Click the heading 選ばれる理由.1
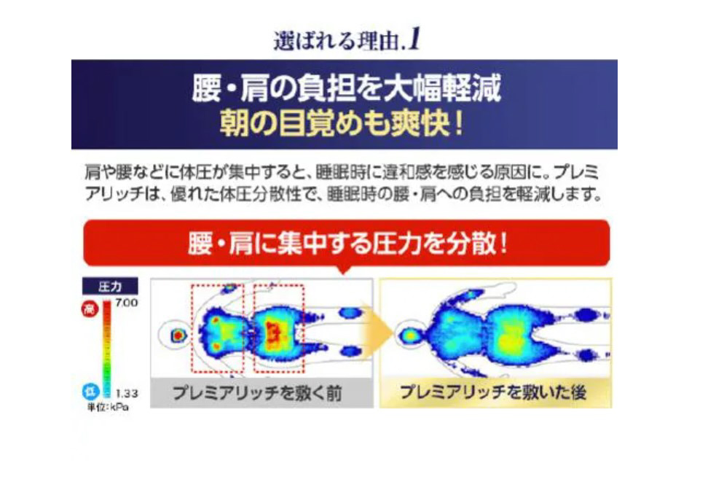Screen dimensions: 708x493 pyautogui.click(x=347, y=41)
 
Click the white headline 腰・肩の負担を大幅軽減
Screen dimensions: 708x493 pyautogui.click(x=346, y=88)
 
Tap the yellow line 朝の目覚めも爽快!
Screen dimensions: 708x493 pyautogui.click(x=342, y=123)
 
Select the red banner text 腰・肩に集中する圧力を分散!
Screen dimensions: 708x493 pyautogui.click(x=347, y=244)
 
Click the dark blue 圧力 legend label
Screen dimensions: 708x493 pyautogui.click(x=110, y=287)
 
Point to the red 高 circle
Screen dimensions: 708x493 pyautogui.click(x=90, y=308)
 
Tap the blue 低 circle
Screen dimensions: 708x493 pyautogui.click(x=90, y=392)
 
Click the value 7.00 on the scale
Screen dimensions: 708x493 pyautogui.click(x=127, y=303)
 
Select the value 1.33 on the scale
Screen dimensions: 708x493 pyautogui.click(x=127, y=393)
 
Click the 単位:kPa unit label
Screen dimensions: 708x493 pyautogui.click(x=108, y=407)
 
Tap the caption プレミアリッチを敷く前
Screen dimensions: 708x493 pyautogui.click(x=257, y=392)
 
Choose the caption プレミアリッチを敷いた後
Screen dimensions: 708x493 pyautogui.click(x=493, y=392)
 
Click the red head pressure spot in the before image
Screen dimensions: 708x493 pyautogui.click(x=178, y=335)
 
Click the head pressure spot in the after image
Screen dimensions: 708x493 pyautogui.click(x=410, y=335)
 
